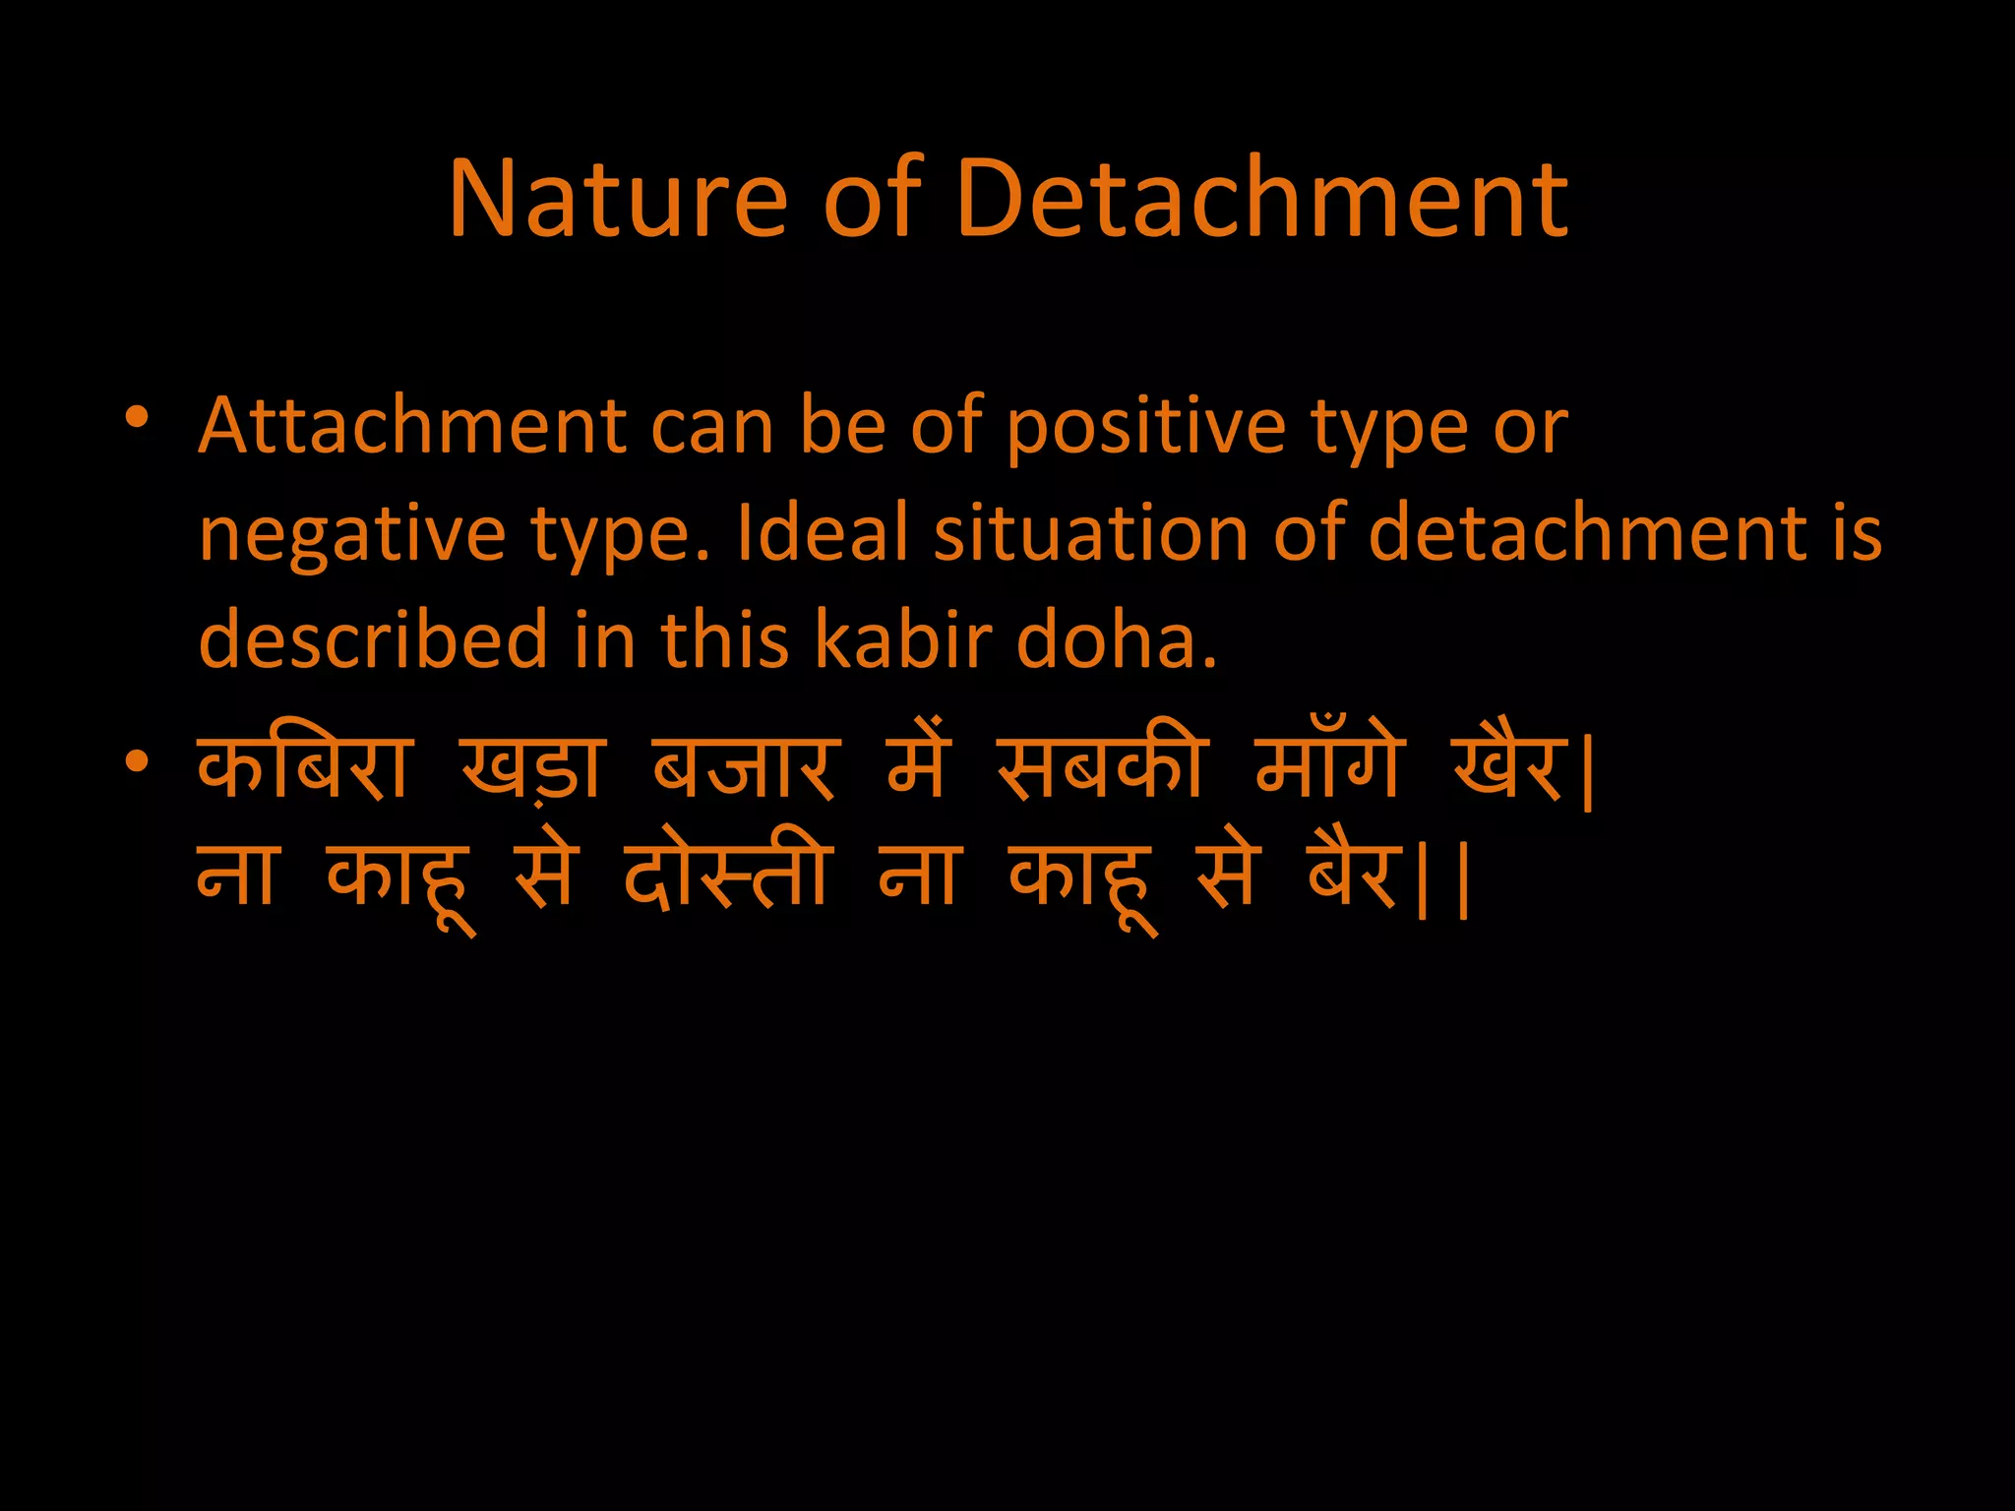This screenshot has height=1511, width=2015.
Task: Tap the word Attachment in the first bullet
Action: click(412, 427)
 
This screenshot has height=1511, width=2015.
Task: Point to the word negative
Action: click(352, 536)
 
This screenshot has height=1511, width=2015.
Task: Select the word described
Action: click(373, 638)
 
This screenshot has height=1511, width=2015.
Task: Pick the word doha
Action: click(1116, 638)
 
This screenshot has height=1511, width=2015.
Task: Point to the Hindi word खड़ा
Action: click(531, 769)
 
